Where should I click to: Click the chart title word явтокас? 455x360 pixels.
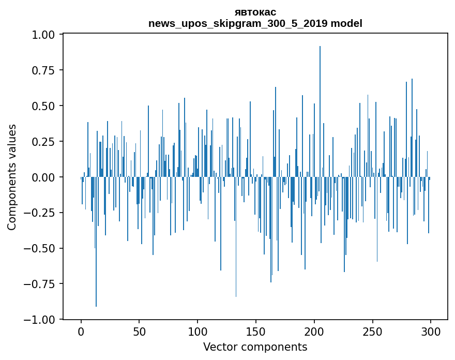pyautogui.click(x=255, y=12)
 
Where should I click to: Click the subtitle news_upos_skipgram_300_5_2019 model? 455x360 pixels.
pyautogui.click(x=255, y=23)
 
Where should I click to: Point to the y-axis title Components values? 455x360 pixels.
pyautogui.click(x=12, y=177)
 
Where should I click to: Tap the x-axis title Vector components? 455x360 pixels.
pyautogui.click(x=255, y=347)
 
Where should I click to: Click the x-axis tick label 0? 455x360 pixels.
pyautogui.click(x=81, y=332)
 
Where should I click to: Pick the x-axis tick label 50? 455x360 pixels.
pyautogui.click(x=140, y=332)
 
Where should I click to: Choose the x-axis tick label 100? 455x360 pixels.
pyautogui.click(x=198, y=332)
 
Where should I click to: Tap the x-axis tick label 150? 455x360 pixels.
pyautogui.click(x=256, y=332)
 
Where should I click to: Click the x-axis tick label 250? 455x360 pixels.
pyautogui.click(x=372, y=332)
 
